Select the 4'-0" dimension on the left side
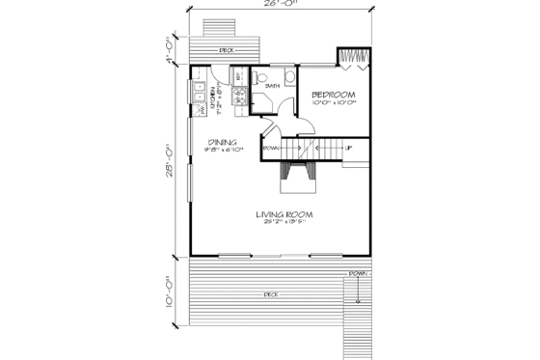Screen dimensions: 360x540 click(x=169, y=48)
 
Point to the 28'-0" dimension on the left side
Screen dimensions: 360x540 click(x=169, y=158)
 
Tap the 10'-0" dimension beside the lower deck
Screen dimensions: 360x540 click(x=169, y=291)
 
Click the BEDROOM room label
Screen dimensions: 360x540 click(x=335, y=95)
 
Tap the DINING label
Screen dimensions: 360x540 click(x=223, y=142)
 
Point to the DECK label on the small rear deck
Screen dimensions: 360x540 click(x=226, y=48)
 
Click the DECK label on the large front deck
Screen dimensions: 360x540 click(x=271, y=291)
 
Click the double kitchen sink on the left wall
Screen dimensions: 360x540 click(x=197, y=97)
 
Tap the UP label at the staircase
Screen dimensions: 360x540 click(x=348, y=149)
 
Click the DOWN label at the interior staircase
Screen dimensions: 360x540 click(x=271, y=149)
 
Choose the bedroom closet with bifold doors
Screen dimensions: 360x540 click(x=352, y=58)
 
